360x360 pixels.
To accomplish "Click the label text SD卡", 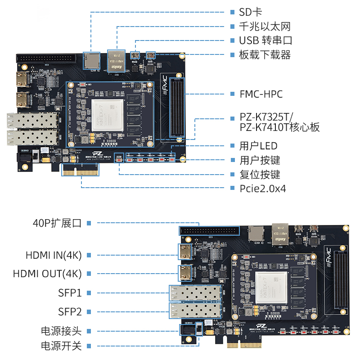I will pyautogui.click(x=251, y=12).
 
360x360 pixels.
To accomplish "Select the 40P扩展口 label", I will pyautogui.click(x=57, y=223).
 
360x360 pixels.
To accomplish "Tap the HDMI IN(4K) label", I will pyautogui.click(x=53, y=255).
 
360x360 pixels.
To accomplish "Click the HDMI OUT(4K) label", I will pyautogui.click(x=47, y=273).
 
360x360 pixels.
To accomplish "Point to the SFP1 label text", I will pyautogui.click(x=70, y=293).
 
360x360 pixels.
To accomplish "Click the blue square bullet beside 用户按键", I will pyautogui.click(x=232, y=160).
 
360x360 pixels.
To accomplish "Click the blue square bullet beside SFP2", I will pyautogui.click(x=89, y=311).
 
